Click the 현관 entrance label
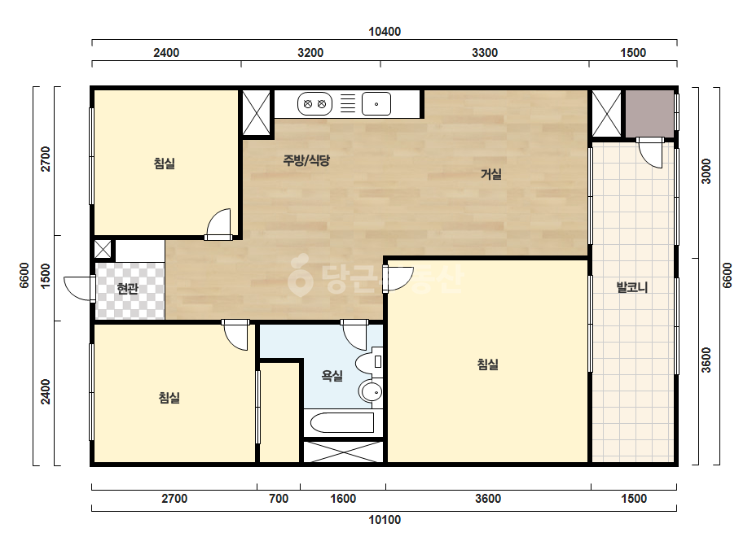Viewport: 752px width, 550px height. coord(128,288)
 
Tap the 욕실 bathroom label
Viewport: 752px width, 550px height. coord(332,376)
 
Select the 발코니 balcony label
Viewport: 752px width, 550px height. coord(632,287)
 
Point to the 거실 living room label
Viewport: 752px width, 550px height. coord(491,174)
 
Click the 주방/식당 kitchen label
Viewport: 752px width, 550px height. coord(306,160)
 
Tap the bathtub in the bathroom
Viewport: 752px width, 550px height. coord(342,422)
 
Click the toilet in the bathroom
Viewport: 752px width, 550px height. coord(369,362)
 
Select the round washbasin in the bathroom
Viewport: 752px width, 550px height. coord(371,392)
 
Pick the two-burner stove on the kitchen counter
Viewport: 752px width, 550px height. coord(314,104)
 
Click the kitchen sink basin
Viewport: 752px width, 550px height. coord(376,104)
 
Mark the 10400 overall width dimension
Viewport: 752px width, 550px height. coord(385,32)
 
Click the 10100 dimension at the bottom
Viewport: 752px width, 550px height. coord(385,520)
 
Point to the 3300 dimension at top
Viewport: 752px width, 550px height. coord(485,53)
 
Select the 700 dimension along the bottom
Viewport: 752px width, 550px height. coord(279,499)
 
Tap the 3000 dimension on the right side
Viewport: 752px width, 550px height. coord(706,171)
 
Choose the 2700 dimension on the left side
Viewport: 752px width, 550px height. coord(45,159)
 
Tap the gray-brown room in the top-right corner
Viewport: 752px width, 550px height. coord(649,113)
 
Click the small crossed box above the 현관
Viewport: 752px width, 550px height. coord(102,250)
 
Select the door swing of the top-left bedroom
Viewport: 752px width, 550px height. coord(218,224)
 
